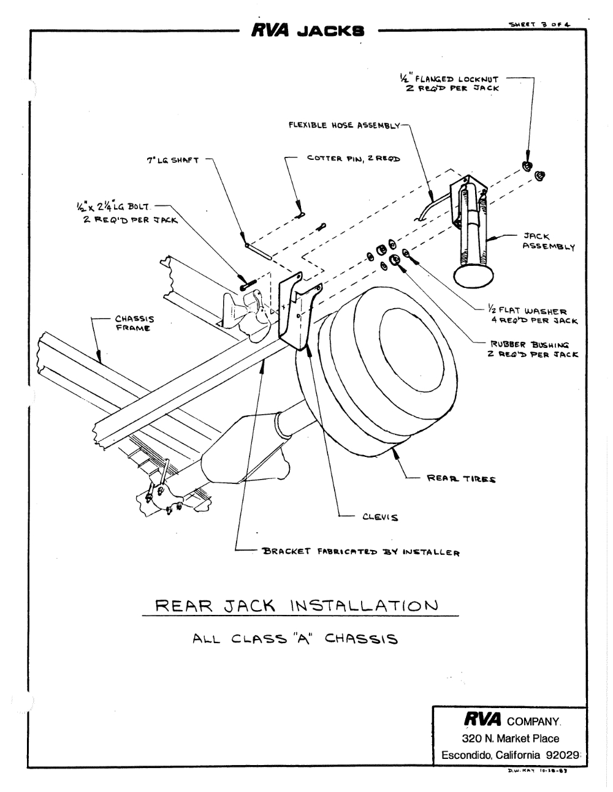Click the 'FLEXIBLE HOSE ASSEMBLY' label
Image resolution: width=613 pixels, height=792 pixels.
pyautogui.click(x=344, y=126)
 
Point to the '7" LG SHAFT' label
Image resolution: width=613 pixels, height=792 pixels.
pyautogui.click(x=172, y=160)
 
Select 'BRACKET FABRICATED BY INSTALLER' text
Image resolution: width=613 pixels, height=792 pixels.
pyautogui.click(x=362, y=552)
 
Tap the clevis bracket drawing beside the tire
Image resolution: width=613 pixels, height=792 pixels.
pyautogui.click(x=296, y=312)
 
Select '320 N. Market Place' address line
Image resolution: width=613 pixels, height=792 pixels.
pyautogui.click(x=510, y=738)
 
